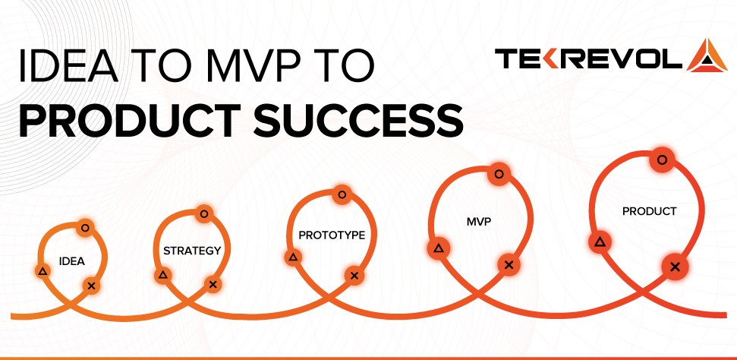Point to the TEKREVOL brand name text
(588, 59)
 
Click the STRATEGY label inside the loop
(192, 250)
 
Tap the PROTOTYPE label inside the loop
(332, 235)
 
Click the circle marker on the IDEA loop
(85, 226)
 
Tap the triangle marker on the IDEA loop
(43, 270)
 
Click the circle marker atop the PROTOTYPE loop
(342, 194)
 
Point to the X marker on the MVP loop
(509, 264)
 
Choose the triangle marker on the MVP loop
(438, 248)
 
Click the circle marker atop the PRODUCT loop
(662, 159)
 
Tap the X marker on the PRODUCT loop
(673, 266)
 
